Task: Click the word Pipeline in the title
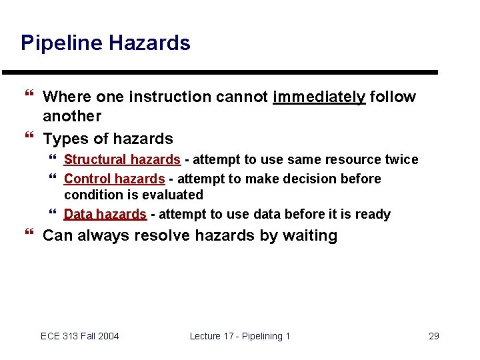coord(60,43)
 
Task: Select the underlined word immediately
coord(319,97)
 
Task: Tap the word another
coord(72,116)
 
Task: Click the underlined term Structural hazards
coord(122,160)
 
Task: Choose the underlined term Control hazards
coord(114,179)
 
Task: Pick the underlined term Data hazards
coord(105,215)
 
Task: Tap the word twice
coord(403,160)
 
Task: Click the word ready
coord(373,215)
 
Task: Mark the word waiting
coord(308,236)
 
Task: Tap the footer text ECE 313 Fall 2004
coord(80,336)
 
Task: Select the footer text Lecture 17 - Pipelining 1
coord(240,336)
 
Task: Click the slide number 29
coord(433,336)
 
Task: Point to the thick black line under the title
coord(220,72)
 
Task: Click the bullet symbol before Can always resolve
coord(28,235)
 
